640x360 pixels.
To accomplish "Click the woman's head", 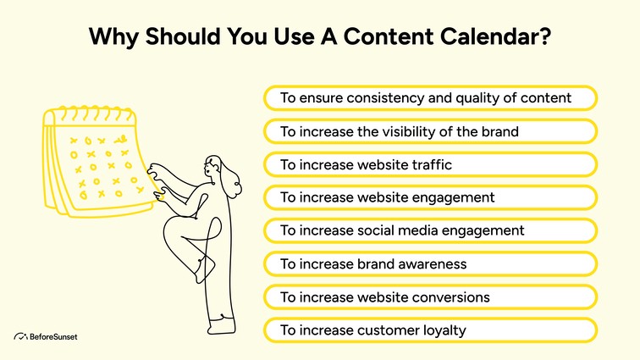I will point(212,168).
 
